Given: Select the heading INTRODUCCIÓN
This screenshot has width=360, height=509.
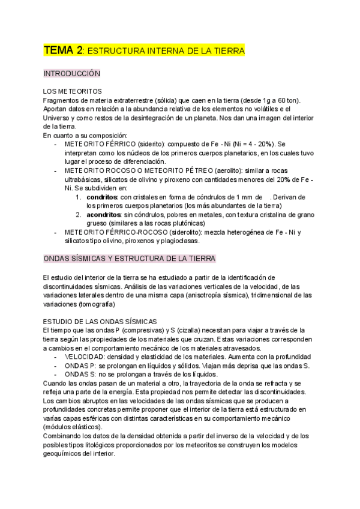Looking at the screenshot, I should pos(71,73).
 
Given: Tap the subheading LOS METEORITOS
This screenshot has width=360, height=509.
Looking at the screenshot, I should pos(68,91).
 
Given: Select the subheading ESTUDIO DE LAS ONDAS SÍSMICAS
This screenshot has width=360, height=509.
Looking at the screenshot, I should pos(101,321).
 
